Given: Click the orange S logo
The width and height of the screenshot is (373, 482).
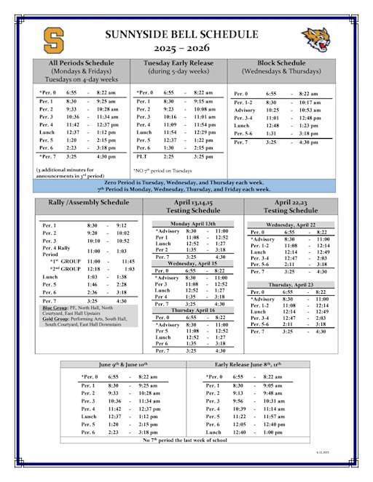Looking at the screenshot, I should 52,39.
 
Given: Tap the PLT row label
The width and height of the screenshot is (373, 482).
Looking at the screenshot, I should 143,156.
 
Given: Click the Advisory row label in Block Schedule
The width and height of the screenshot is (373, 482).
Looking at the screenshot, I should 245,110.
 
